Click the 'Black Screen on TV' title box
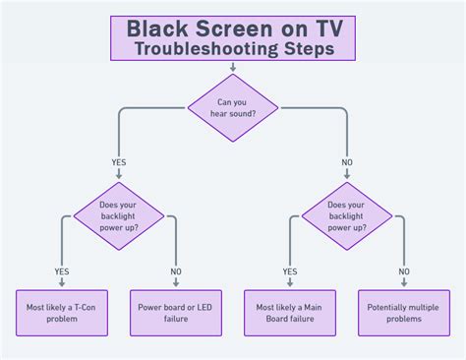point(233,37)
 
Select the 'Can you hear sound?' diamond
point(233,107)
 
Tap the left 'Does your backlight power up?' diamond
point(119,214)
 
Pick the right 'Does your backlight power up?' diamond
point(346,214)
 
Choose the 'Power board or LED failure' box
point(176,313)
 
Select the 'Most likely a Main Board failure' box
point(290,313)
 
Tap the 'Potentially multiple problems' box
point(403,313)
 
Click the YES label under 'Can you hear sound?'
point(120,163)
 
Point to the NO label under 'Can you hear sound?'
point(347,163)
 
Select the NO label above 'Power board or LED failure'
point(176,271)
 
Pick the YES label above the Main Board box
point(290,271)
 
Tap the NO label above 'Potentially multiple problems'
point(403,271)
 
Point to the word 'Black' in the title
point(159,27)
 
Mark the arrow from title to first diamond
point(233,67)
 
